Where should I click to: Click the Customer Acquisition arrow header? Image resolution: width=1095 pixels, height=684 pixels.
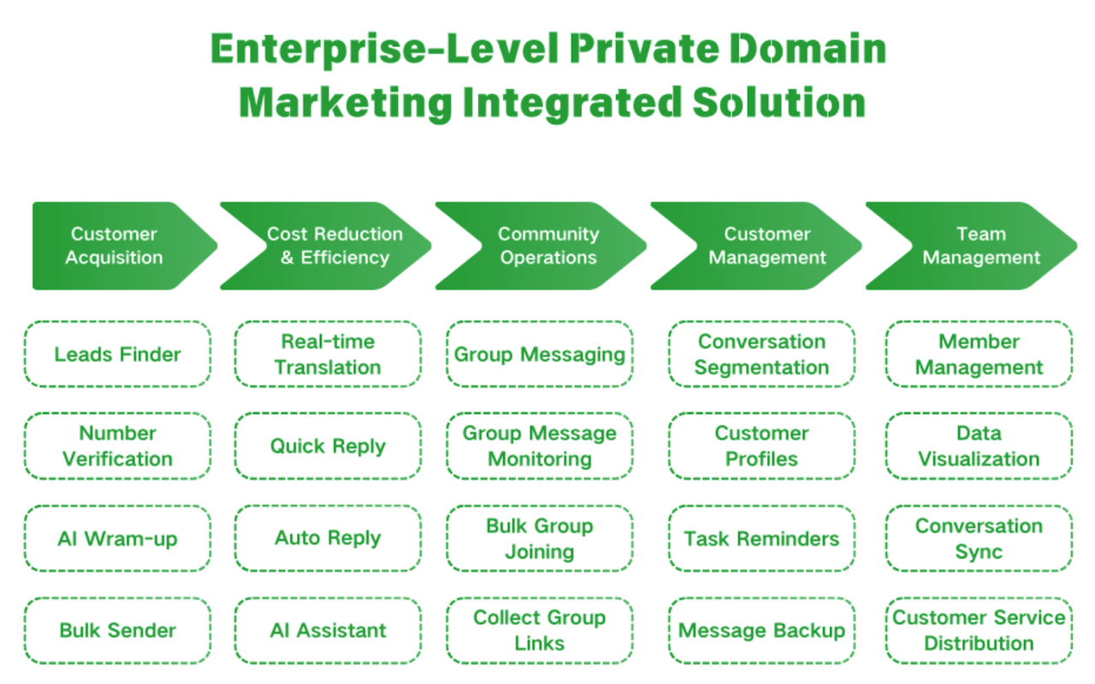115,245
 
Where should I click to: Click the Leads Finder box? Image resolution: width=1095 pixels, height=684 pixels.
117,354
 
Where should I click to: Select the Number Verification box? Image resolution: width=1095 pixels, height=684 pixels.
117,446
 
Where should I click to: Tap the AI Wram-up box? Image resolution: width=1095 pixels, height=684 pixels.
117,539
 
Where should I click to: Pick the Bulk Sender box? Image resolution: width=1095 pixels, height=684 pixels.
117,631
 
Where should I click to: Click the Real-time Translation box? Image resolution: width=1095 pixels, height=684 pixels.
328,354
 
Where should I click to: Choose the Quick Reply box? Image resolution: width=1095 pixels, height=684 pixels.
328,446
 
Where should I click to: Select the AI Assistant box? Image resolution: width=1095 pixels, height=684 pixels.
328,631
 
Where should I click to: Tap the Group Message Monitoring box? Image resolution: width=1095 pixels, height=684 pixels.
539,446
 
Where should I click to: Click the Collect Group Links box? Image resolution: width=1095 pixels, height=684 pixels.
539,631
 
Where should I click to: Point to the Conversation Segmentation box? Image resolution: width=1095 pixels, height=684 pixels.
761,354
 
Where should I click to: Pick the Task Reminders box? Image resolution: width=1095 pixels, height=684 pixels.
761,539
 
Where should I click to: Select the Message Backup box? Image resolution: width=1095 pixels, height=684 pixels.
761,631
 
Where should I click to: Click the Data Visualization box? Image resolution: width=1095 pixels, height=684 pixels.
979,446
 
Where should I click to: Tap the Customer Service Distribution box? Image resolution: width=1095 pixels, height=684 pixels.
979,631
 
